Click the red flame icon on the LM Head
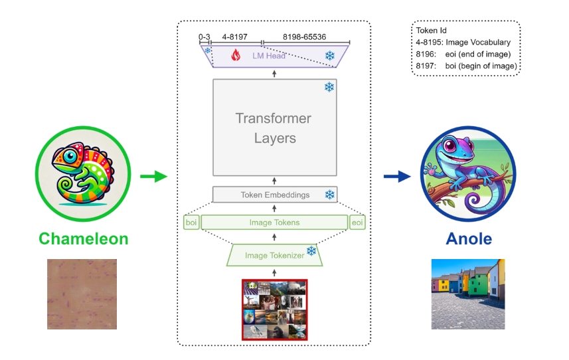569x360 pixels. point(236,55)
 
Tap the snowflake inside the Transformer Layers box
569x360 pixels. point(329,87)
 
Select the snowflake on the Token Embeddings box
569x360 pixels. point(330,195)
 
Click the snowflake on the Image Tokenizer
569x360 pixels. point(311,251)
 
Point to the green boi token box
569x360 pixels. point(191,223)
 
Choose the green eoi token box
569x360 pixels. point(357,223)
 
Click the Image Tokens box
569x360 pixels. point(274,223)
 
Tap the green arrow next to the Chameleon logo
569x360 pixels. point(154,177)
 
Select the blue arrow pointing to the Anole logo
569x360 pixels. point(397,177)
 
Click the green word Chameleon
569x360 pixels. point(84,239)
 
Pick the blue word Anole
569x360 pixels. point(469,239)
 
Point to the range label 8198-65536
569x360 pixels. point(305,37)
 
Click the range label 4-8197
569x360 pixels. point(235,37)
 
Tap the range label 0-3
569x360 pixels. point(204,37)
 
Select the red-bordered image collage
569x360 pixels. point(275,310)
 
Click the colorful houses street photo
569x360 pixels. point(468,294)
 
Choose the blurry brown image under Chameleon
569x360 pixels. point(82,294)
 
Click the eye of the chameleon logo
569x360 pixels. point(70,157)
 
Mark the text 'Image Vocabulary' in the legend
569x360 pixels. point(478,42)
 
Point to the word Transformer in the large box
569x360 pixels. point(274,118)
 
